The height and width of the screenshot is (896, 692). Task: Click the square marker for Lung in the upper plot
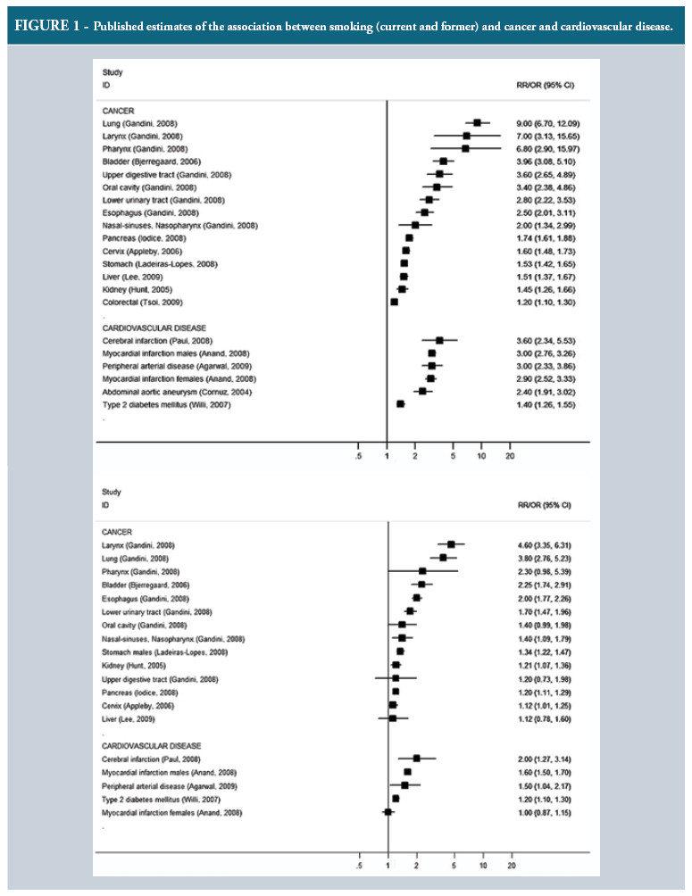coord(478,122)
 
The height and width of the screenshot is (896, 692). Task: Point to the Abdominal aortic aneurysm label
coord(167,391)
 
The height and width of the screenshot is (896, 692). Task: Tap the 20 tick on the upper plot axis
coord(510,456)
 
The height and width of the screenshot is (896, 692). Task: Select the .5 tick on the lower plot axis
coord(358,866)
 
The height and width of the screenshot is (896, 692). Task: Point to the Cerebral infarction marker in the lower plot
coord(416,757)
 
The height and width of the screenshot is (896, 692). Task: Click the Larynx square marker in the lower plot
coord(451,544)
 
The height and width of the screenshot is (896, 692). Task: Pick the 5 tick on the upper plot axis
coord(454,456)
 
